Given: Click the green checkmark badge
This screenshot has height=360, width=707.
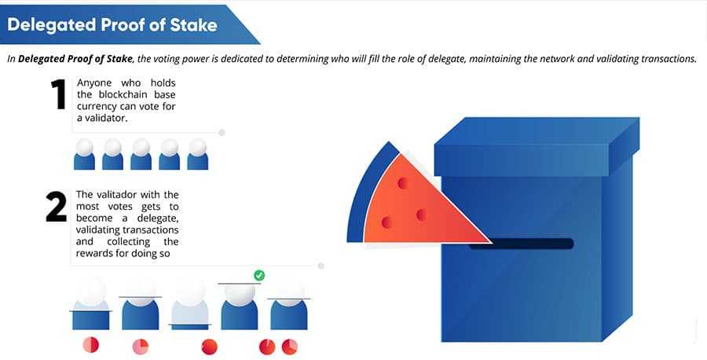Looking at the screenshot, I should [259, 275].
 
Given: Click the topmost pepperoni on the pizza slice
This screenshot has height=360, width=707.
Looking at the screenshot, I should [403, 183].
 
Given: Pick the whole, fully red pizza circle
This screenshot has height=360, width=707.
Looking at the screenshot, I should [209, 346].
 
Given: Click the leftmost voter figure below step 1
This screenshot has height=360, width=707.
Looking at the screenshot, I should [84, 156].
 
